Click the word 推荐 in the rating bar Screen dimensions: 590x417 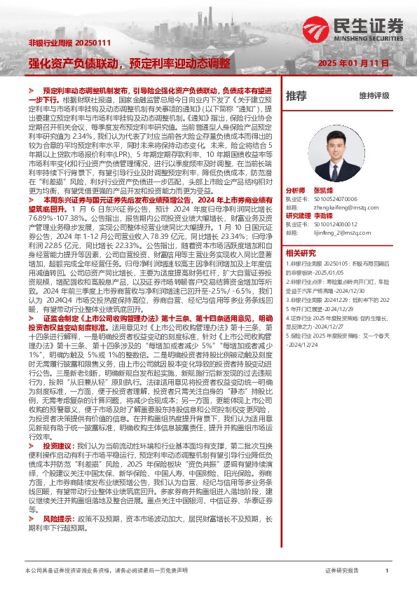(296, 95)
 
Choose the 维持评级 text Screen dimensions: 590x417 (374, 95)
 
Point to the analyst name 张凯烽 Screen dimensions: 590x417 (323, 190)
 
